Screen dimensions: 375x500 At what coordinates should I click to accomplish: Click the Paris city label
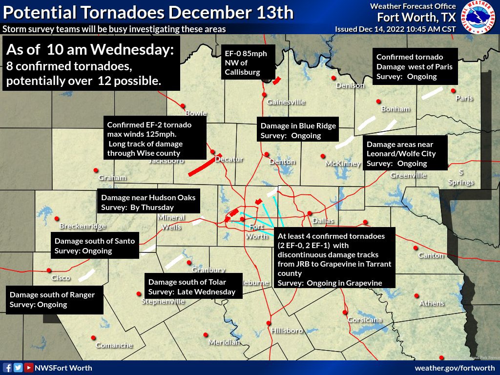[464, 98]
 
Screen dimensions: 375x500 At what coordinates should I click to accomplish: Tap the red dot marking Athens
[417, 295]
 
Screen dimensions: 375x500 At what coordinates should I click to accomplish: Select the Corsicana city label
[364, 320]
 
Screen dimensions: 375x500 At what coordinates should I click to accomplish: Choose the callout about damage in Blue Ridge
[298, 130]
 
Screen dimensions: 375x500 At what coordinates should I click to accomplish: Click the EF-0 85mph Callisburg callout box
[246, 62]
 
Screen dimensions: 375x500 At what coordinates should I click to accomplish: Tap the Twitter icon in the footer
[18, 368]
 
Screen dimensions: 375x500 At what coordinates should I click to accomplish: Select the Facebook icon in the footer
[7, 368]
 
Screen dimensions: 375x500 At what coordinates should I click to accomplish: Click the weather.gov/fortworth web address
[455, 368]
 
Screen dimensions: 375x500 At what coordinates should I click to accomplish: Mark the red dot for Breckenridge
[57, 218]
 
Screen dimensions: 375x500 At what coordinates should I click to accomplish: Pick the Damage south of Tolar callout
[192, 287]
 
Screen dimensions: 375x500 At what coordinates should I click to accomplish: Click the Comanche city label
[114, 345]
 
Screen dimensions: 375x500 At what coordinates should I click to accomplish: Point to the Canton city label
[431, 255]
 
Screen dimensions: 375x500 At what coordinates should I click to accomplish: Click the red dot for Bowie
[183, 105]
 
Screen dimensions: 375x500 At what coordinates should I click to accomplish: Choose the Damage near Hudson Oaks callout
[148, 202]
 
